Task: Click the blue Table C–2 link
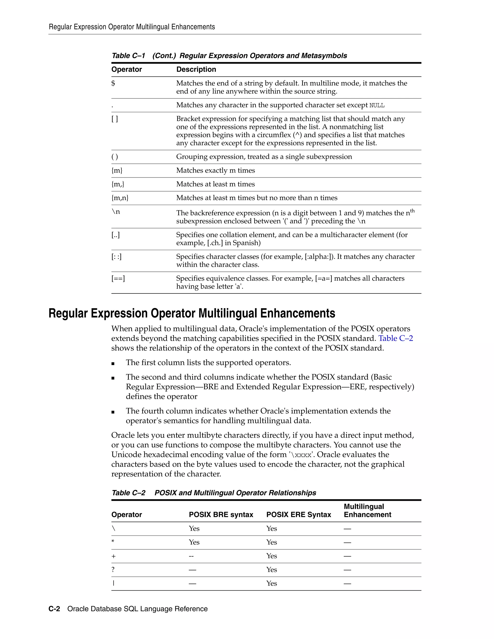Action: click(395, 339)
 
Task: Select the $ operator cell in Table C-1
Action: click(113, 83)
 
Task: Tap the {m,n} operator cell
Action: click(120, 198)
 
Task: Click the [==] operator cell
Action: click(118, 279)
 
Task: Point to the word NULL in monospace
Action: click(377, 106)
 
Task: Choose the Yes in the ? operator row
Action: click(272, 570)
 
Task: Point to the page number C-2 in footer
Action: click(54, 609)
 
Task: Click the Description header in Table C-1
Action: click(196, 69)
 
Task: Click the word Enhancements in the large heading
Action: click(297, 313)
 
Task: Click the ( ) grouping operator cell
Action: click(115, 157)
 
